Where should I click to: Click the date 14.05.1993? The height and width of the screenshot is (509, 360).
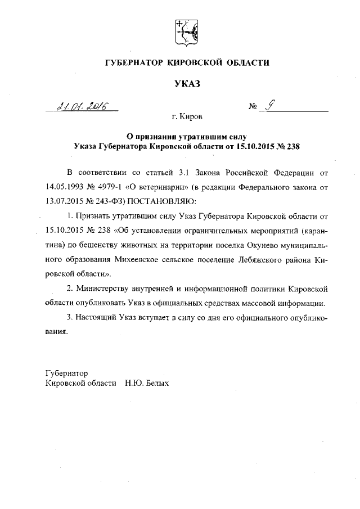(66, 183)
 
